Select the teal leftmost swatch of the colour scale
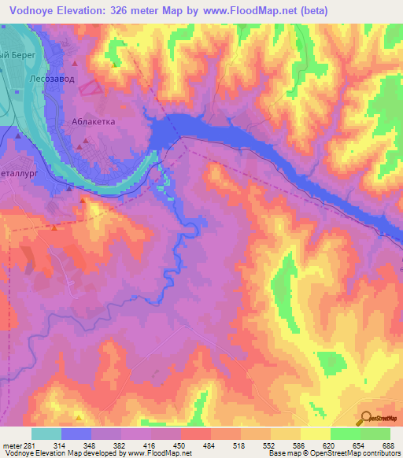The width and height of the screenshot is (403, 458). pyautogui.click(x=46, y=434)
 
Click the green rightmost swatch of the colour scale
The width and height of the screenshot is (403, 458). pyautogui.click(x=375, y=434)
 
